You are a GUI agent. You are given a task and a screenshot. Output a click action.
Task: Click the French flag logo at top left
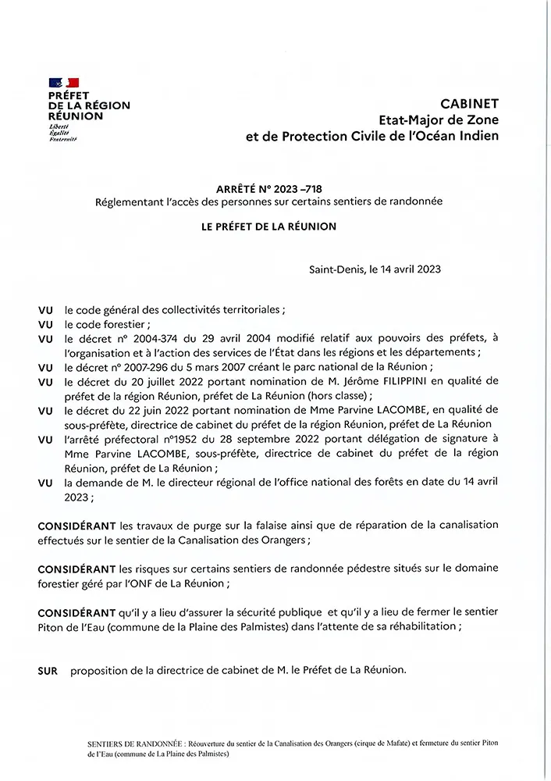click(64, 82)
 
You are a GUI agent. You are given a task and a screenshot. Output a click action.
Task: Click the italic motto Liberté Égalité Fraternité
click(62, 133)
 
